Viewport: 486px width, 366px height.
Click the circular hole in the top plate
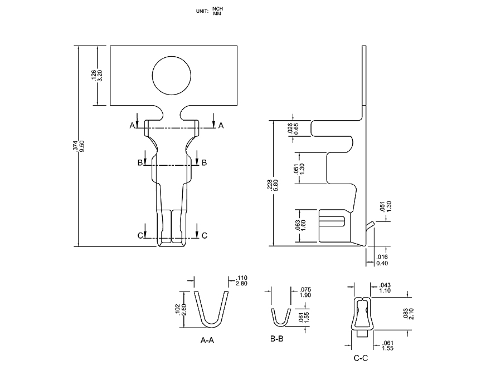[x=171, y=76]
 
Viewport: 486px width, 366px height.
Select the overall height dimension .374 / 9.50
[x=79, y=146]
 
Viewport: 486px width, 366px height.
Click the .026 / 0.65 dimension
[x=293, y=128]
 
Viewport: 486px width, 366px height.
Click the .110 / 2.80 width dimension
[x=242, y=280]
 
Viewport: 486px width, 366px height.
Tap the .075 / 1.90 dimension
[x=305, y=293]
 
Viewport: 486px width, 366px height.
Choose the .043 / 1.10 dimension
[x=383, y=288]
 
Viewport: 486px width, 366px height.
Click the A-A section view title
[x=207, y=339]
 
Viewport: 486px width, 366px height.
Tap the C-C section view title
[x=361, y=358]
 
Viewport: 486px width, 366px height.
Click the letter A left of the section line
[x=133, y=126]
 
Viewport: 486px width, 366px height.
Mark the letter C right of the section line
[x=204, y=236]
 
